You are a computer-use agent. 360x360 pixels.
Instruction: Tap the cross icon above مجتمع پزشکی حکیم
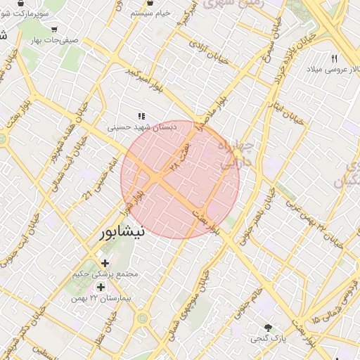[105, 263]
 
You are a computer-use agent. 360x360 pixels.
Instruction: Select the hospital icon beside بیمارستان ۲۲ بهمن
[100, 287]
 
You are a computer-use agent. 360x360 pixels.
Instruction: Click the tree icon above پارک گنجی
[268, 328]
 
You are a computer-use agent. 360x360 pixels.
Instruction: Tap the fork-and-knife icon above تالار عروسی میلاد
[335, 59]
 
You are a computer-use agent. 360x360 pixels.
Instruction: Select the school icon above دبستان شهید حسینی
[141, 117]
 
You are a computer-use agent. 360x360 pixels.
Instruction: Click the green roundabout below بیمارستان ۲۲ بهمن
[143, 319]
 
